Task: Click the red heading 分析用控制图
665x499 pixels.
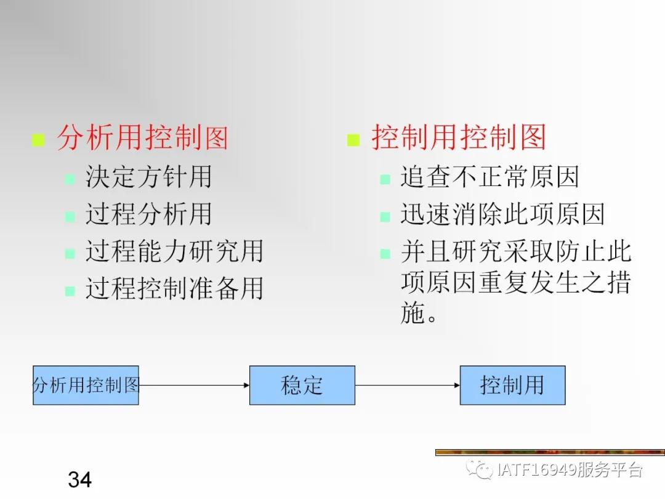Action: [x=142, y=138]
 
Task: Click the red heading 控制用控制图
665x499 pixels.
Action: [x=459, y=137]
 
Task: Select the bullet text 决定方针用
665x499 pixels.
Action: [x=148, y=177]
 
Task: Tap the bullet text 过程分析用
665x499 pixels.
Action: [x=148, y=214]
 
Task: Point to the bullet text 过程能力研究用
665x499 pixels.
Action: [x=174, y=251]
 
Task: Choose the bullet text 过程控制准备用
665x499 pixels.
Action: [x=174, y=288]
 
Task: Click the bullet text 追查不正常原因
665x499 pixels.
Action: [x=490, y=177]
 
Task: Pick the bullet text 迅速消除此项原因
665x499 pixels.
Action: [x=502, y=214]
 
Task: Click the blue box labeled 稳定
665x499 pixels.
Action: [x=302, y=385]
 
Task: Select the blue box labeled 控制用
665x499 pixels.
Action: [x=512, y=385]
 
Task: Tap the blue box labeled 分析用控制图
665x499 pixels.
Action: [x=86, y=385]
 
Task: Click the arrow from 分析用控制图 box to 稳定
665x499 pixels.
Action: [x=194, y=386]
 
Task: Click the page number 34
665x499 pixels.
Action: [x=80, y=479]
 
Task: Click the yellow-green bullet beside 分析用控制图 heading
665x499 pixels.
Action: [x=38, y=140]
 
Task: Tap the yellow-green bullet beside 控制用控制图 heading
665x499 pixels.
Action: [x=353, y=140]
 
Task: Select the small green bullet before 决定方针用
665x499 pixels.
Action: [x=70, y=180]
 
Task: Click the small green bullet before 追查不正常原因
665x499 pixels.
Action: [x=385, y=180]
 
